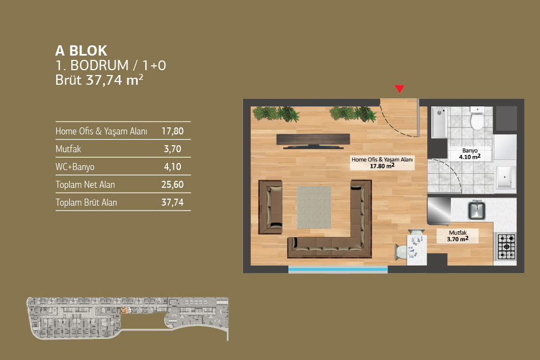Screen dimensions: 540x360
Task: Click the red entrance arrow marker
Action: point(400,89)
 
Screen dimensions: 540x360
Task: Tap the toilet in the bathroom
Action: point(477,118)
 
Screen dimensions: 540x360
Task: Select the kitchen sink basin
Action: point(476,209)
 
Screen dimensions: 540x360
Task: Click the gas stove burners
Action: point(507,247)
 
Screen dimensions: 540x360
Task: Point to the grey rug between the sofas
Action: point(314,207)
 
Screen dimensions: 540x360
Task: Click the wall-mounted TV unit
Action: point(313,141)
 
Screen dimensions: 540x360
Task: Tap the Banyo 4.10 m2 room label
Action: point(470,154)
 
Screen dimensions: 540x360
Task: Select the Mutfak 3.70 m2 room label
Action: point(458,236)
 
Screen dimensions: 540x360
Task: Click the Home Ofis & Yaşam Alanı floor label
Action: point(382,163)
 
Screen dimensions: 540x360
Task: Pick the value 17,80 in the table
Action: point(173,131)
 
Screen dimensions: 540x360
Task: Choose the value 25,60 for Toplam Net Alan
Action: point(173,185)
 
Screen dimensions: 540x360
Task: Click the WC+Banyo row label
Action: point(75,167)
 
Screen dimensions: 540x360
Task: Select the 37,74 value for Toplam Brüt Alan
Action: point(173,202)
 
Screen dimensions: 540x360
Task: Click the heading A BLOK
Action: point(82,51)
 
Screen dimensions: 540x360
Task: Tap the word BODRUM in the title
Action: point(99,65)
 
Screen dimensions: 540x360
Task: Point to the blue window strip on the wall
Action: point(338,269)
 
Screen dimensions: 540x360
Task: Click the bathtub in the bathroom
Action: point(439,122)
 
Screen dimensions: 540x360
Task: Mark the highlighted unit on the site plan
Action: point(124,310)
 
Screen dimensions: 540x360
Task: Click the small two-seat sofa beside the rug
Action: point(271,207)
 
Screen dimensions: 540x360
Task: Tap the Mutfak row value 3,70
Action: point(173,149)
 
